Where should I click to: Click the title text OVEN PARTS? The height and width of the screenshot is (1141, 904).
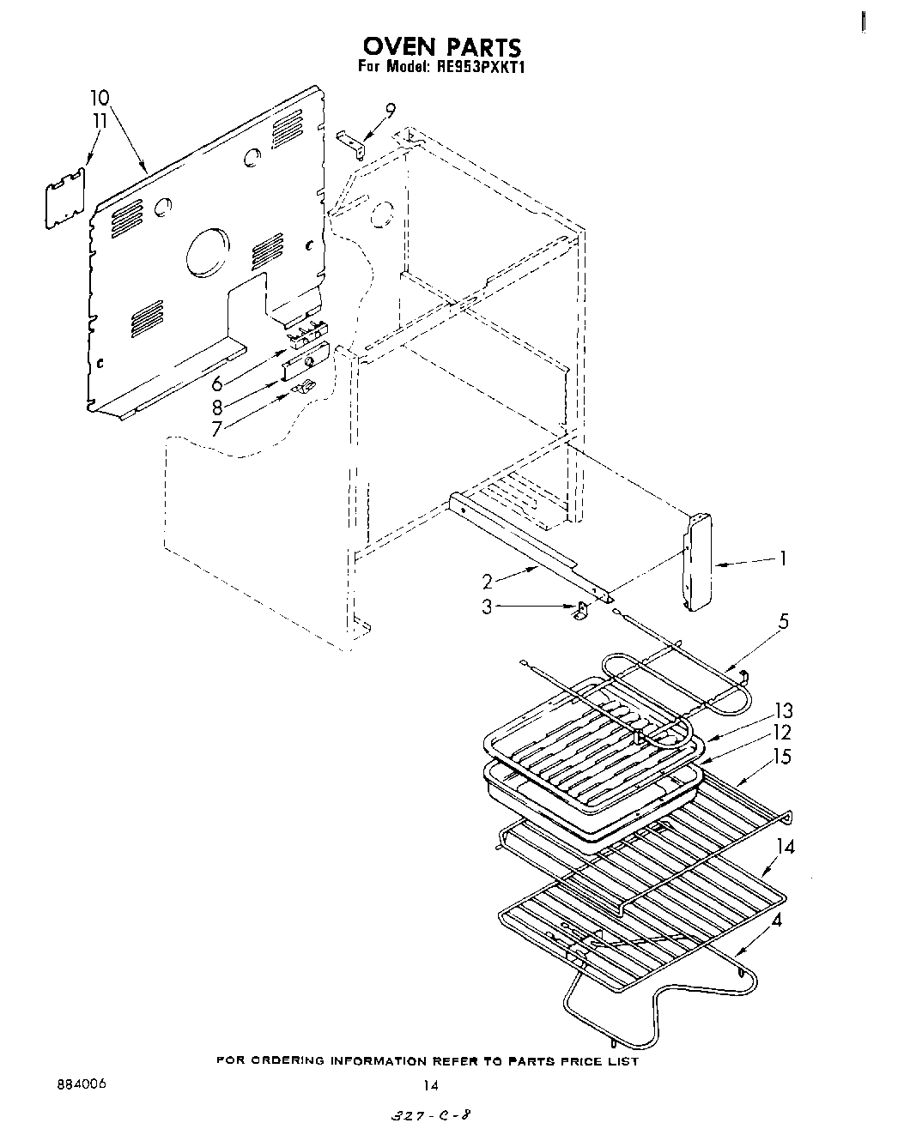tap(440, 45)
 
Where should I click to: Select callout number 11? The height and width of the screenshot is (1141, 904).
tap(100, 120)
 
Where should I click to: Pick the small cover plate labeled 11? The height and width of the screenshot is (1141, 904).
tap(64, 198)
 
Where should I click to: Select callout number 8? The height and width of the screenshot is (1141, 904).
tap(217, 407)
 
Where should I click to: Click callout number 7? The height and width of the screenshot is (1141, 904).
tap(217, 428)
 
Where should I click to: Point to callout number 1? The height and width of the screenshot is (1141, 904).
tap(782, 558)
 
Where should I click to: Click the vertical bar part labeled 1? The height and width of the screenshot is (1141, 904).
tap(698, 563)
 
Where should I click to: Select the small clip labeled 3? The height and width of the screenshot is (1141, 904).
tap(579, 610)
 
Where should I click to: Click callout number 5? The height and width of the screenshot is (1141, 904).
tap(782, 621)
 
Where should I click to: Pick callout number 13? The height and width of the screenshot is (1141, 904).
tap(782, 710)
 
